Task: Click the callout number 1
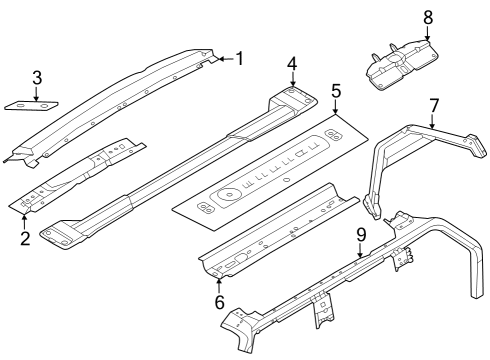pyautogui.click(x=238, y=58)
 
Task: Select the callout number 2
pyautogui.click(x=25, y=237)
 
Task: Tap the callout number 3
pyautogui.click(x=36, y=77)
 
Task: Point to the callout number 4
pyautogui.click(x=292, y=65)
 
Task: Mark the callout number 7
pyautogui.click(x=434, y=105)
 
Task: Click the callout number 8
pyautogui.click(x=428, y=17)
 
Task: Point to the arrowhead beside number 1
pyautogui.click(x=217, y=59)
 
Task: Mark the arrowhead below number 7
pyautogui.click(x=434, y=128)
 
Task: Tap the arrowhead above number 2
pyautogui.click(x=25, y=213)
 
